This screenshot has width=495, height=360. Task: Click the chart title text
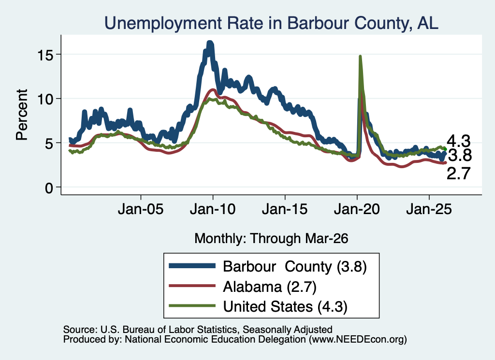pyautogui.click(x=271, y=23)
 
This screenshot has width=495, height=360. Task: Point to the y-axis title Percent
pyautogui.click(x=22, y=115)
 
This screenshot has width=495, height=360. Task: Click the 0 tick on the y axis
pyautogui.click(x=49, y=188)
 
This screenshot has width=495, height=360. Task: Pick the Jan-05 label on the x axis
pyautogui.click(x=141, y=209)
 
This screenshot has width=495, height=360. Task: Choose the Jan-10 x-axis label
pyautogui.click(x=213, y=209)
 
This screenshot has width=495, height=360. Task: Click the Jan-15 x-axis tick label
pyautogui.click(x=285, y=209)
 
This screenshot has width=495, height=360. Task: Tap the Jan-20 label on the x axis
pyautogui.click(x=357, y=209)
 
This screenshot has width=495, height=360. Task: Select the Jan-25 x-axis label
pyautogui.click(x=429, y=209)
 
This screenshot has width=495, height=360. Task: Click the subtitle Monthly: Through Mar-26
pyautogui.click(x=271, y=239)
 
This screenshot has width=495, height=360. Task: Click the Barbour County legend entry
pyautogui.click(x=295, y=267)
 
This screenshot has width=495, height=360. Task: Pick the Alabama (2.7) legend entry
pyautogui.click(x=270, y=287)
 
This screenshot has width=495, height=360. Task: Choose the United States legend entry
pyautogui.click(x=285, y=307)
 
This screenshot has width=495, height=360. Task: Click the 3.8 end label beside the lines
pyautogui.click(x=460, y=155)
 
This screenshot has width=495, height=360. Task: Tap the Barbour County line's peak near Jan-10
pyautogui.click(x=210, y=42)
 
